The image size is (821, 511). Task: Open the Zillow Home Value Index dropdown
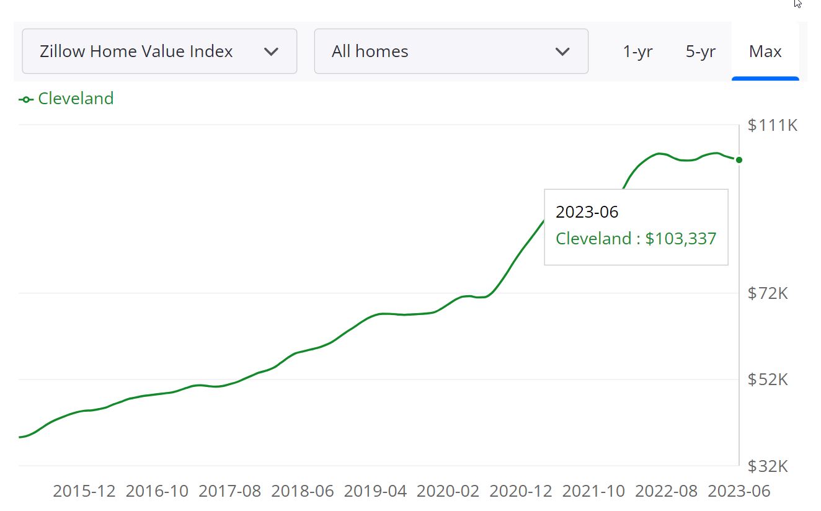tap(159, 51)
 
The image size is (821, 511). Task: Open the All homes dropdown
tap(451, 51)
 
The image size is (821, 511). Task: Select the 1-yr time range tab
tap(637, 51)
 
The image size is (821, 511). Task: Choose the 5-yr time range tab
tap(701, 51)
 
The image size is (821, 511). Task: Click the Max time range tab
tap(765, 51)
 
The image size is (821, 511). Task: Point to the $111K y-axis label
tap(772, 125)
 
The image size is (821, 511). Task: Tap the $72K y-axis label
tap(768, 293)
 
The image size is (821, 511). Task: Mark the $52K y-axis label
tap(768, 379)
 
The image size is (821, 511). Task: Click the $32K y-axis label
tap(768, 466)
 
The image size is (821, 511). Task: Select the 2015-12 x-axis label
tap(84, 491)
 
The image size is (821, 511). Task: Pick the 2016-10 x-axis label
tap(157, 491)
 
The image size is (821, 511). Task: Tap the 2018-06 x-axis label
tap(303, 491)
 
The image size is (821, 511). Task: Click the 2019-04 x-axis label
tap(375, 491)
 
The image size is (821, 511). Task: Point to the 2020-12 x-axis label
tap(521, 491)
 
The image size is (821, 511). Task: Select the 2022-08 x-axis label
tap(667, 491)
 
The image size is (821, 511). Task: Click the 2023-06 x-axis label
tap(739, 491)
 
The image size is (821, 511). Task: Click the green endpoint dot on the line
tap(739, 160)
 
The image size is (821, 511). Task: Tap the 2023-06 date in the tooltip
tap(587, 212)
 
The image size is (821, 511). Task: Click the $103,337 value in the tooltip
tap(680, 239)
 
